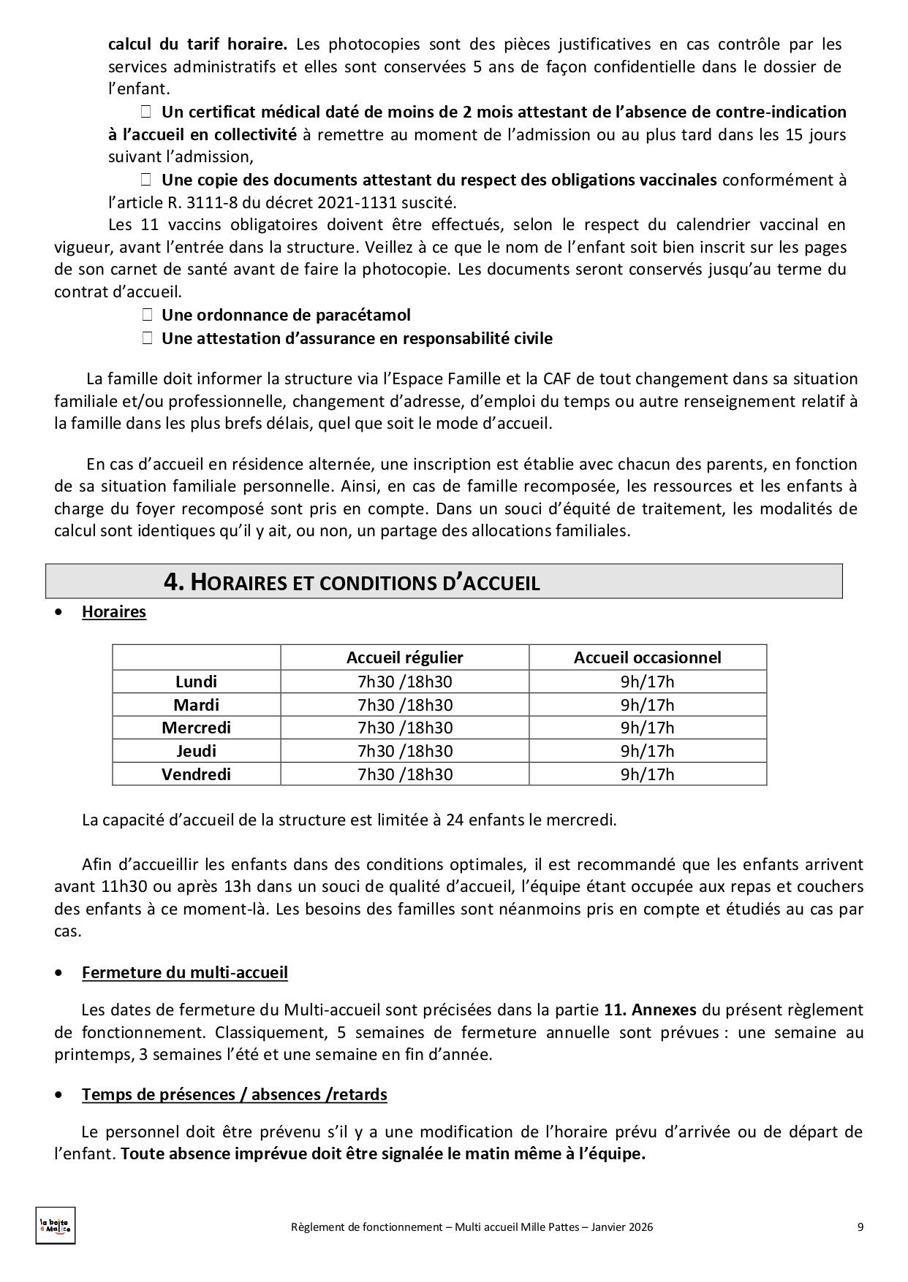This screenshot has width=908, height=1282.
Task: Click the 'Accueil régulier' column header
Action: coord(404,657)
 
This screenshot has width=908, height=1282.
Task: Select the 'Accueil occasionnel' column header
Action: coord(647,657)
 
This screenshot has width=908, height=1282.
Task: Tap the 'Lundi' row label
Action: coord(196,682)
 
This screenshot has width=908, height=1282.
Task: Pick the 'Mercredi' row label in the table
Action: coord(196,728)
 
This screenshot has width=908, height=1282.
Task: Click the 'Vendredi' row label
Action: coord(196,774)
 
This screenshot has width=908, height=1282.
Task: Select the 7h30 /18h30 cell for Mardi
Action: coord(404,705)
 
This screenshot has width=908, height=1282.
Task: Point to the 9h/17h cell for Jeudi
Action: coord(647,751)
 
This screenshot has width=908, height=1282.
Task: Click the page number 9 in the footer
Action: coord(860,1227)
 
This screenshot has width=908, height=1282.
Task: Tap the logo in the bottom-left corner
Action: coord(56,1225)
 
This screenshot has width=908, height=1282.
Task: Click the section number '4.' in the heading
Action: coord(174,582)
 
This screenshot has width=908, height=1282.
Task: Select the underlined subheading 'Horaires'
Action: coord(114,612)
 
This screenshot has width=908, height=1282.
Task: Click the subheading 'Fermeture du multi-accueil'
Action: coord(185,973)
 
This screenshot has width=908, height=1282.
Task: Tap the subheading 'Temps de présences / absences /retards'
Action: coord(234,1094)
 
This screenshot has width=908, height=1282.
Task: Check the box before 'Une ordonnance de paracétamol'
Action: coord(146,315)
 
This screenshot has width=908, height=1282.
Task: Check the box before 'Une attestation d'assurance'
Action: coord(146,338)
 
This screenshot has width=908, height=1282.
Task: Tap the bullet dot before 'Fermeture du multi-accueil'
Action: coord(58,974)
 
